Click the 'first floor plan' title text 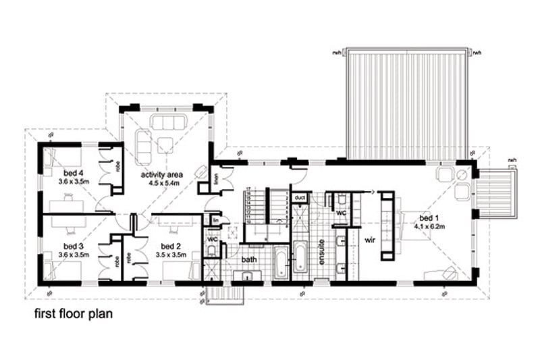tap(74, 314)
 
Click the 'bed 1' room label tap(429, 219)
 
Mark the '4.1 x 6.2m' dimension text tap(429, 227)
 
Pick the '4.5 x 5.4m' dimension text tap(162, 183)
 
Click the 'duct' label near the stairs tap(299, 198)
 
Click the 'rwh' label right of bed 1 tap(513, 159)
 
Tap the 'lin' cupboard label tap(215, 221)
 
